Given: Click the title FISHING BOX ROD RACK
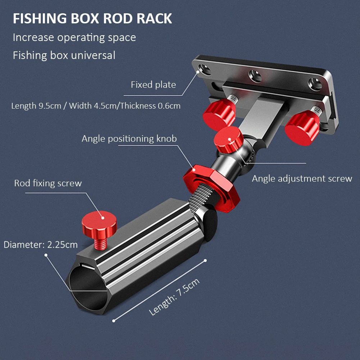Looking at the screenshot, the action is point(92,19).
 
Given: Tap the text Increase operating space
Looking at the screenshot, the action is point(74,37).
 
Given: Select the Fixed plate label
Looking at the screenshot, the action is point(153,85).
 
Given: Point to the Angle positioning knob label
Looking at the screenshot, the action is point(129,139).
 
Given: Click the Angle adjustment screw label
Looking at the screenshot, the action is point(302,179).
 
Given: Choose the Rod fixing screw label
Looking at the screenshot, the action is point(48,183).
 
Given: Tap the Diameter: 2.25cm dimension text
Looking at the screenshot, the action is point(41,245).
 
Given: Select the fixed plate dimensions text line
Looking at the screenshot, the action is point(96,106).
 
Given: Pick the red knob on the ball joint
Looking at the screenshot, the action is point(228,140).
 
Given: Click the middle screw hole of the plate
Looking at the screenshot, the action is point(255,76).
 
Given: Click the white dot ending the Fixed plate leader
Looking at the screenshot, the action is point(198,72).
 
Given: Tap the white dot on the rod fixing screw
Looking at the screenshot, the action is point(102,218).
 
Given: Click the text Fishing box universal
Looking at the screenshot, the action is point(64,55).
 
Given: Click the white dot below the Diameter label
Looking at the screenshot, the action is point(46,255).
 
